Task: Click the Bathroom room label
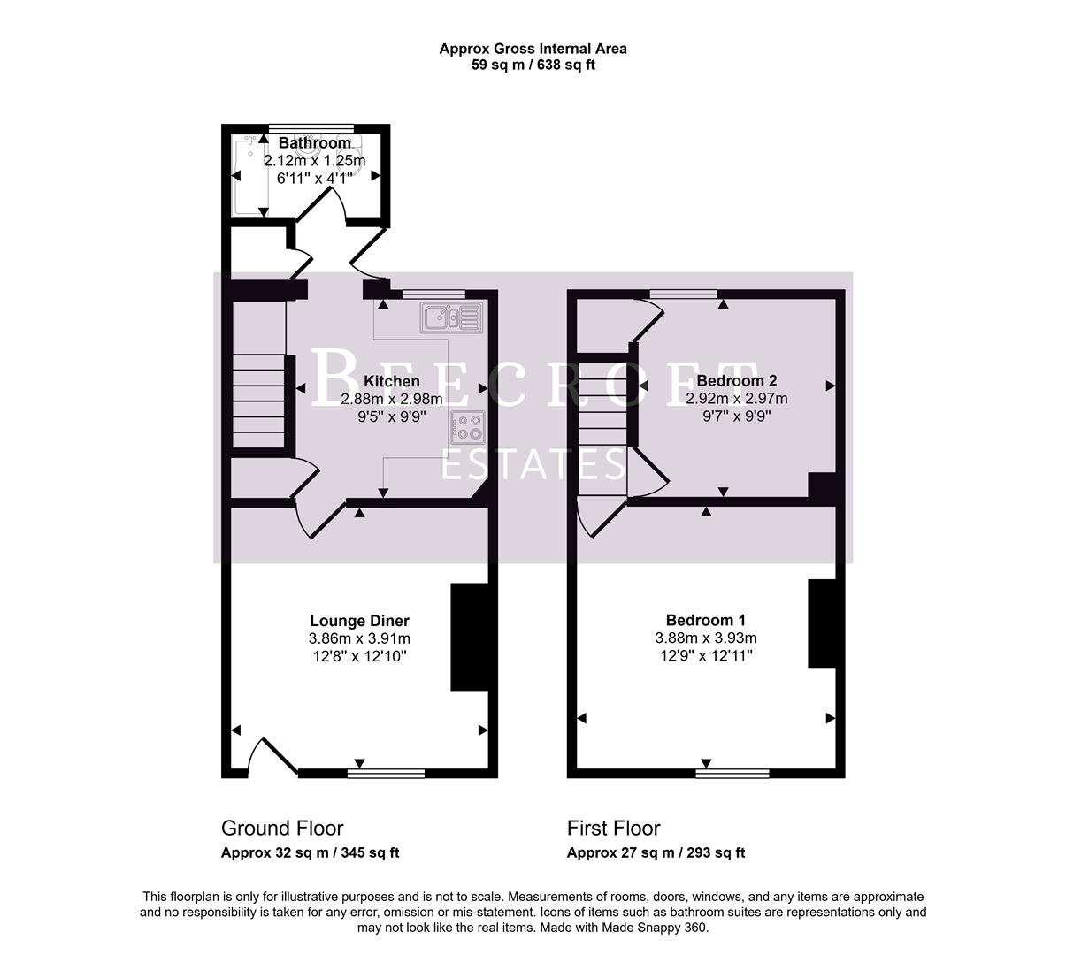point(315,143)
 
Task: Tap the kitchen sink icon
point(451,317)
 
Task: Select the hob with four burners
point(469,427)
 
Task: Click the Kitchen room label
point(392,381)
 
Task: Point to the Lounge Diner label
point(359,621)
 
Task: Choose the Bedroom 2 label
point(736,381)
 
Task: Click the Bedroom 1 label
point(705,621)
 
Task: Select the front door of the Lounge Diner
point(272,757)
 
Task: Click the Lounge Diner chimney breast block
point(469,637)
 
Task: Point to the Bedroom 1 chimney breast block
point(822,623)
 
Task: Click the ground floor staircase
point(258,400)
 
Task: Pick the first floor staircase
point(603,424)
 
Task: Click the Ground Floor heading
point(282,829)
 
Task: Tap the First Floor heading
point(613,829)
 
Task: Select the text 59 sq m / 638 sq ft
point(533,65)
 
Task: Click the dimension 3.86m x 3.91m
point(359,638)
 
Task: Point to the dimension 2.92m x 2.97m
point(736,399)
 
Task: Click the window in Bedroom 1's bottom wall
point(732,773)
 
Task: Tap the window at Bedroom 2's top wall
point(683,294)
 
